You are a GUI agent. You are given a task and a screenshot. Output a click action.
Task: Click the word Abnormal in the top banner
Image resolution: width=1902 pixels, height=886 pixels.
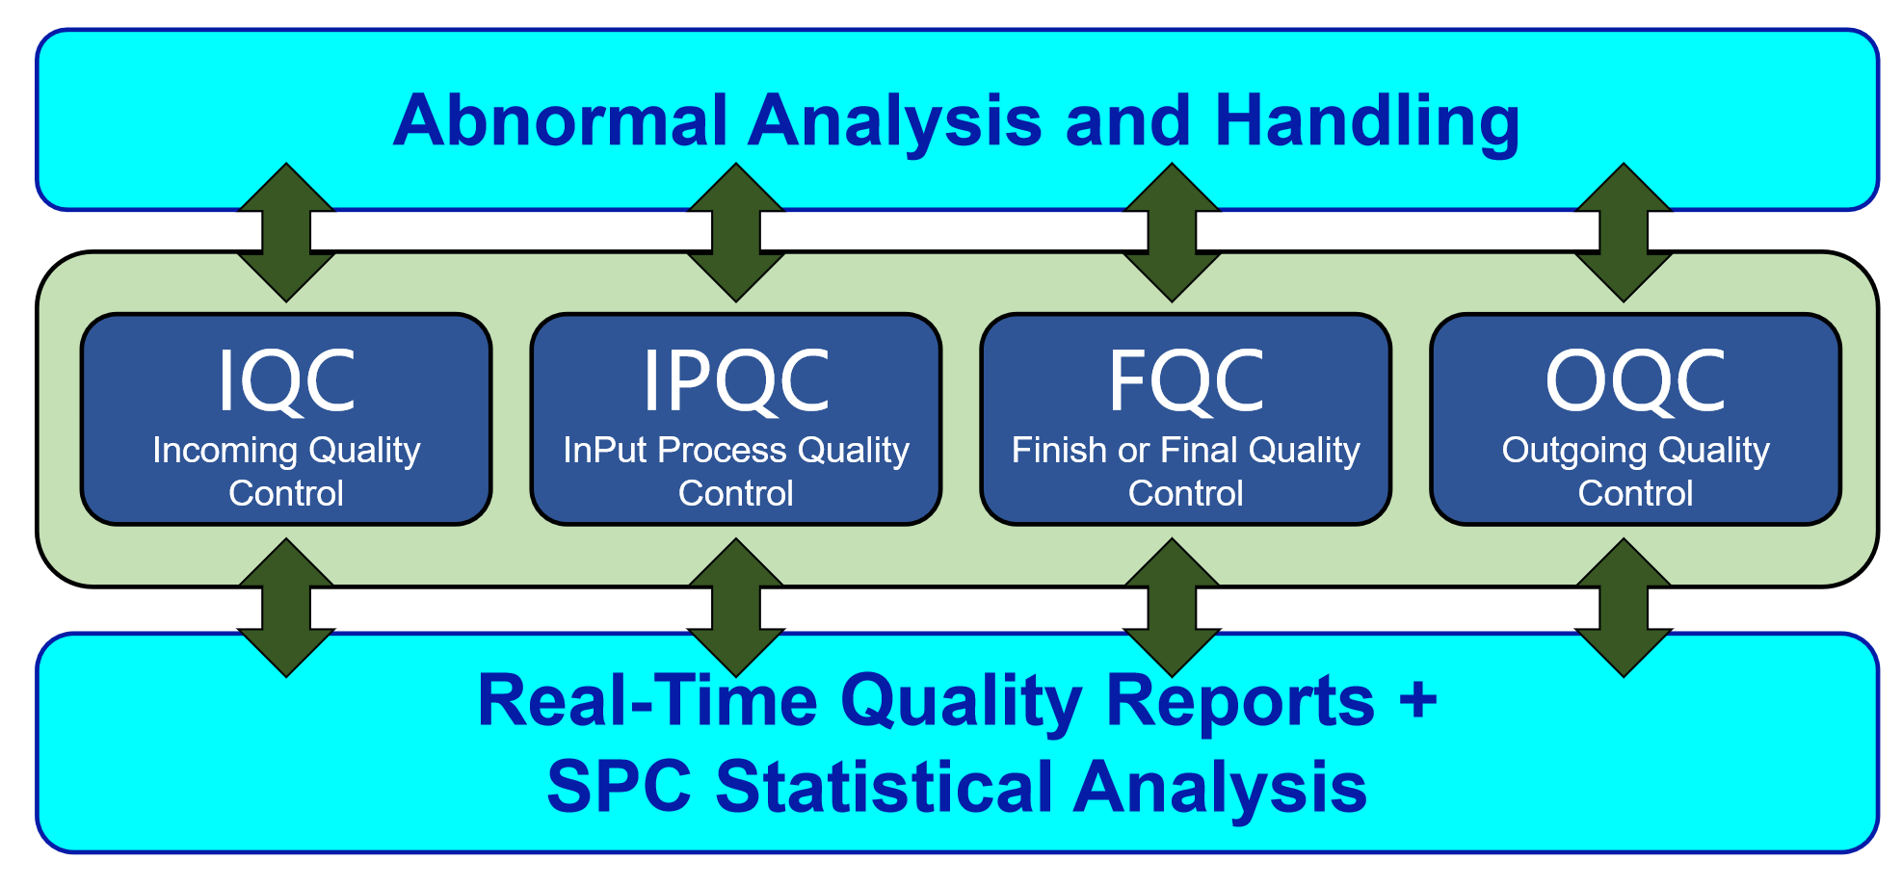(x=561, y=121)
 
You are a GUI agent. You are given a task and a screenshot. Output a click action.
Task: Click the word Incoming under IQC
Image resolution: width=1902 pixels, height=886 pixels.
(x=225, y=452)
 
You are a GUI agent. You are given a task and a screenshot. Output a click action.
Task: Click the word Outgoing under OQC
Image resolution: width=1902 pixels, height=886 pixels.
(x=1573, y=452)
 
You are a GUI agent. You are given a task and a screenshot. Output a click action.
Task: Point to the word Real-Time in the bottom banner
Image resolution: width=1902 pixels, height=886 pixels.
(x=648, y=701)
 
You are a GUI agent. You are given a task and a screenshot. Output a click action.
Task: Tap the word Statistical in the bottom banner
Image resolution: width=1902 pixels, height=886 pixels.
(x=885, y=787)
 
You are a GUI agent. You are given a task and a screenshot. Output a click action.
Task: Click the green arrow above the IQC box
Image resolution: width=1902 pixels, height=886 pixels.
(x=286, y=232)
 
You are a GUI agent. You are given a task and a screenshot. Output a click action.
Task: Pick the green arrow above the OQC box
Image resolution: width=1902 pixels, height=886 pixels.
(x=1624, y=232)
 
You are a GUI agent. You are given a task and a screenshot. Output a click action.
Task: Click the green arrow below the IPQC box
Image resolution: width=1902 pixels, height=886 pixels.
(x=736, y=608)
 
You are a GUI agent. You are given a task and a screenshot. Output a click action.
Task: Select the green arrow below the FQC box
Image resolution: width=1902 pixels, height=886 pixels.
(x=1172, y=608)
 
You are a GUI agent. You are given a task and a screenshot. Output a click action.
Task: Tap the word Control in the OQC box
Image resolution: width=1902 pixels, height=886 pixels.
(x=1635, y=493)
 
